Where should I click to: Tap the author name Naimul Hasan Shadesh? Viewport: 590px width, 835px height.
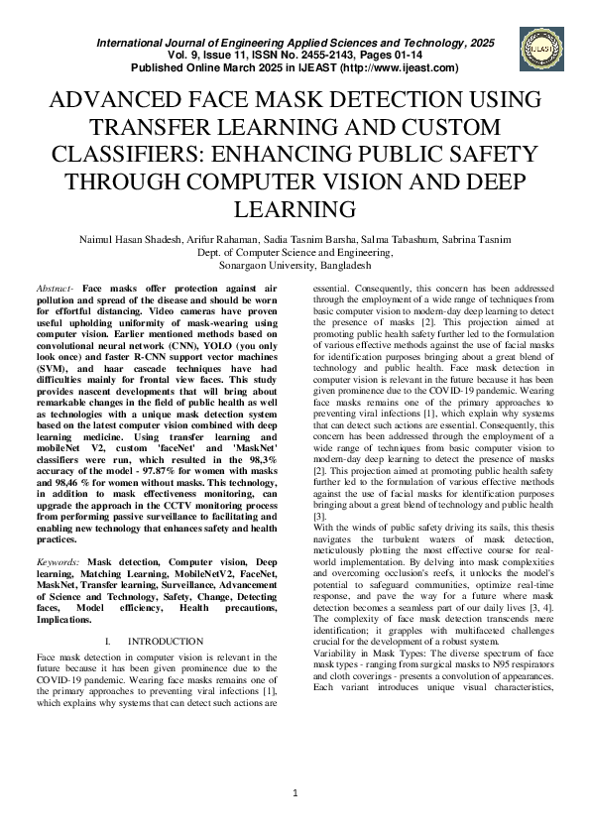tap(125, 239)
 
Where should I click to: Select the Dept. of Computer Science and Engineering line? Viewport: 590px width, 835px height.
tap(295, 253)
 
